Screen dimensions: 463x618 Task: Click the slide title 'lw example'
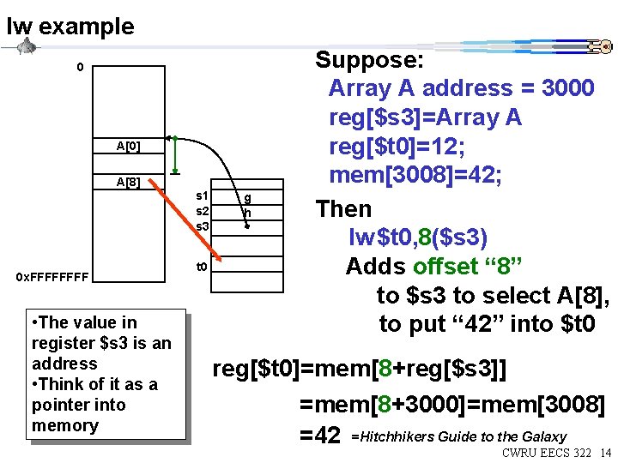tap(70, 27)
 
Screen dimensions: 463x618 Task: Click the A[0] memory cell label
tap(129, 147)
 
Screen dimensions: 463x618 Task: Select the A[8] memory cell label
tap(129, 182)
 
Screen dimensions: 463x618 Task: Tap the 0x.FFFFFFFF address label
tap(51, 277)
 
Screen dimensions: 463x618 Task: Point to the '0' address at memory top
tap(80, 67)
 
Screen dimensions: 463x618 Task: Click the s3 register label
tap(203, 225)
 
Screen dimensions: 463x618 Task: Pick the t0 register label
tap(203, 267)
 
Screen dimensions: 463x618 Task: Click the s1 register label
tap(203, 196)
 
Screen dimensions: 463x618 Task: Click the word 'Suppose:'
tap(369, 60)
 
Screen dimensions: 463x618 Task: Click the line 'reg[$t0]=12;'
tap(397, 147)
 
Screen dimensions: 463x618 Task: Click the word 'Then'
tap(343, 208)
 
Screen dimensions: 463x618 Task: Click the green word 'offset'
tap(450, 267)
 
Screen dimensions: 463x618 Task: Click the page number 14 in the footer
tap(606, 452)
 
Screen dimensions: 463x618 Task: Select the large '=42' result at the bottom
tap(319, 435)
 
